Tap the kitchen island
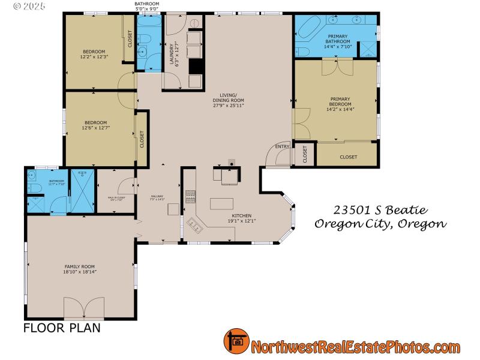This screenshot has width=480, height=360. pyautogui.click(x=221, y=203)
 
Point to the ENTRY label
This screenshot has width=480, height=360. pyautogui.click(x=282, y=146)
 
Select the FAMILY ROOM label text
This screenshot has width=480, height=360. pyautogui.click(x=80, y=269)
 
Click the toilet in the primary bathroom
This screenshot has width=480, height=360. pyautogui.click(x=301, y=50)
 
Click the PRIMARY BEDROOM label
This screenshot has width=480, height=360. pyautogui.click(x=340, y=103)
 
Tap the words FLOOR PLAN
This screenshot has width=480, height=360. pyautogui.click(x=62, y=328)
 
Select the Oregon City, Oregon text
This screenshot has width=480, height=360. pyautogui.click(x=380, y=224)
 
